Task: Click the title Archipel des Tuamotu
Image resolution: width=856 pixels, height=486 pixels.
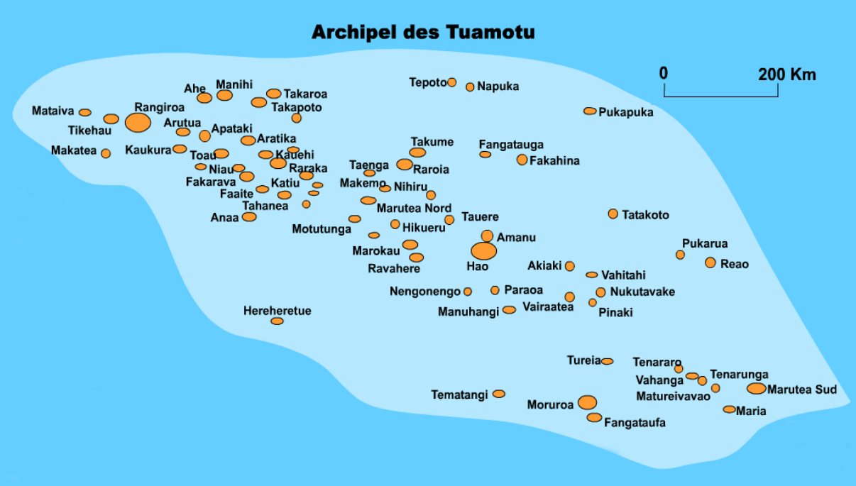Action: click(423, 33)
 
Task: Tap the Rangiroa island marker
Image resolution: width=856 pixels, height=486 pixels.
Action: click(138, 122)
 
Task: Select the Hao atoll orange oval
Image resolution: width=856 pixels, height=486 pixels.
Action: click(484, 250)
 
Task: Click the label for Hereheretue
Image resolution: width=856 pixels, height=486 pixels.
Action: click(277, 311)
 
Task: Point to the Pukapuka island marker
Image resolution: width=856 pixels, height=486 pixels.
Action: click(590, 111)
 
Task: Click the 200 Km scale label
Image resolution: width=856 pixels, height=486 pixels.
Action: click(786, 74)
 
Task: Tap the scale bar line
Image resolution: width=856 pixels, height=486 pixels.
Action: click(721, 96)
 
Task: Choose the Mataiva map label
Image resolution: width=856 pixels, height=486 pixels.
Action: click(53, 111)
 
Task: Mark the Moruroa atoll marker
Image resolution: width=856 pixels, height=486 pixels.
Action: click(587, 403)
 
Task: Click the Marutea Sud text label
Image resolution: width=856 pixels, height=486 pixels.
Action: click(802, 390)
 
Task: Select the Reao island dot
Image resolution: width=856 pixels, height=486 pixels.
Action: click(710, 263)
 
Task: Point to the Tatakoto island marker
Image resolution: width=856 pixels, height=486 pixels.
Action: click(613, 214)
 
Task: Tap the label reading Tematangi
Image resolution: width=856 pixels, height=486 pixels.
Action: click(459, 394)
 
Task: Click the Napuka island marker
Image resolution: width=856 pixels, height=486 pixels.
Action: click(470, 87)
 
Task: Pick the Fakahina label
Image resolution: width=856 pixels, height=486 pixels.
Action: click(554, 160)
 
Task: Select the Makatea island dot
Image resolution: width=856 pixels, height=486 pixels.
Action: click(106, 153)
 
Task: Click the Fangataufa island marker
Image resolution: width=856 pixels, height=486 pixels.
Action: click(594, 418)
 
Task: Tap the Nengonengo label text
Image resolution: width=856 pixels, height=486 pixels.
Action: click(424, 292)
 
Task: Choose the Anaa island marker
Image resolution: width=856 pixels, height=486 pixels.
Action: click(249, 216)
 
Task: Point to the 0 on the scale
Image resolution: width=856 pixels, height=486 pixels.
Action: click(664, 74)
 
